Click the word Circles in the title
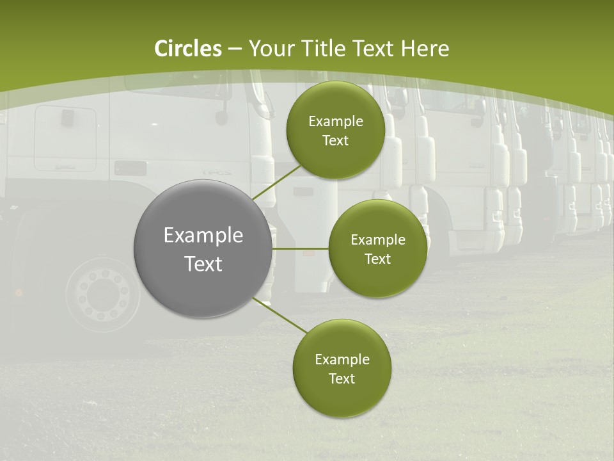pos(188,49)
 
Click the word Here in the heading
pos(425,49)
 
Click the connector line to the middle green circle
pos(301,248)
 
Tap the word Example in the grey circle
pos(203,236)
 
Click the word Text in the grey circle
pos(203,264)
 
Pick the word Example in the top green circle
pos(336,122)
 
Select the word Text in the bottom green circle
pos(342,379)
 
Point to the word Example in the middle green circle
pos(378,240)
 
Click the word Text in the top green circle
pos(335,141)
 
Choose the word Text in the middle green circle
pos(377,259)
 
